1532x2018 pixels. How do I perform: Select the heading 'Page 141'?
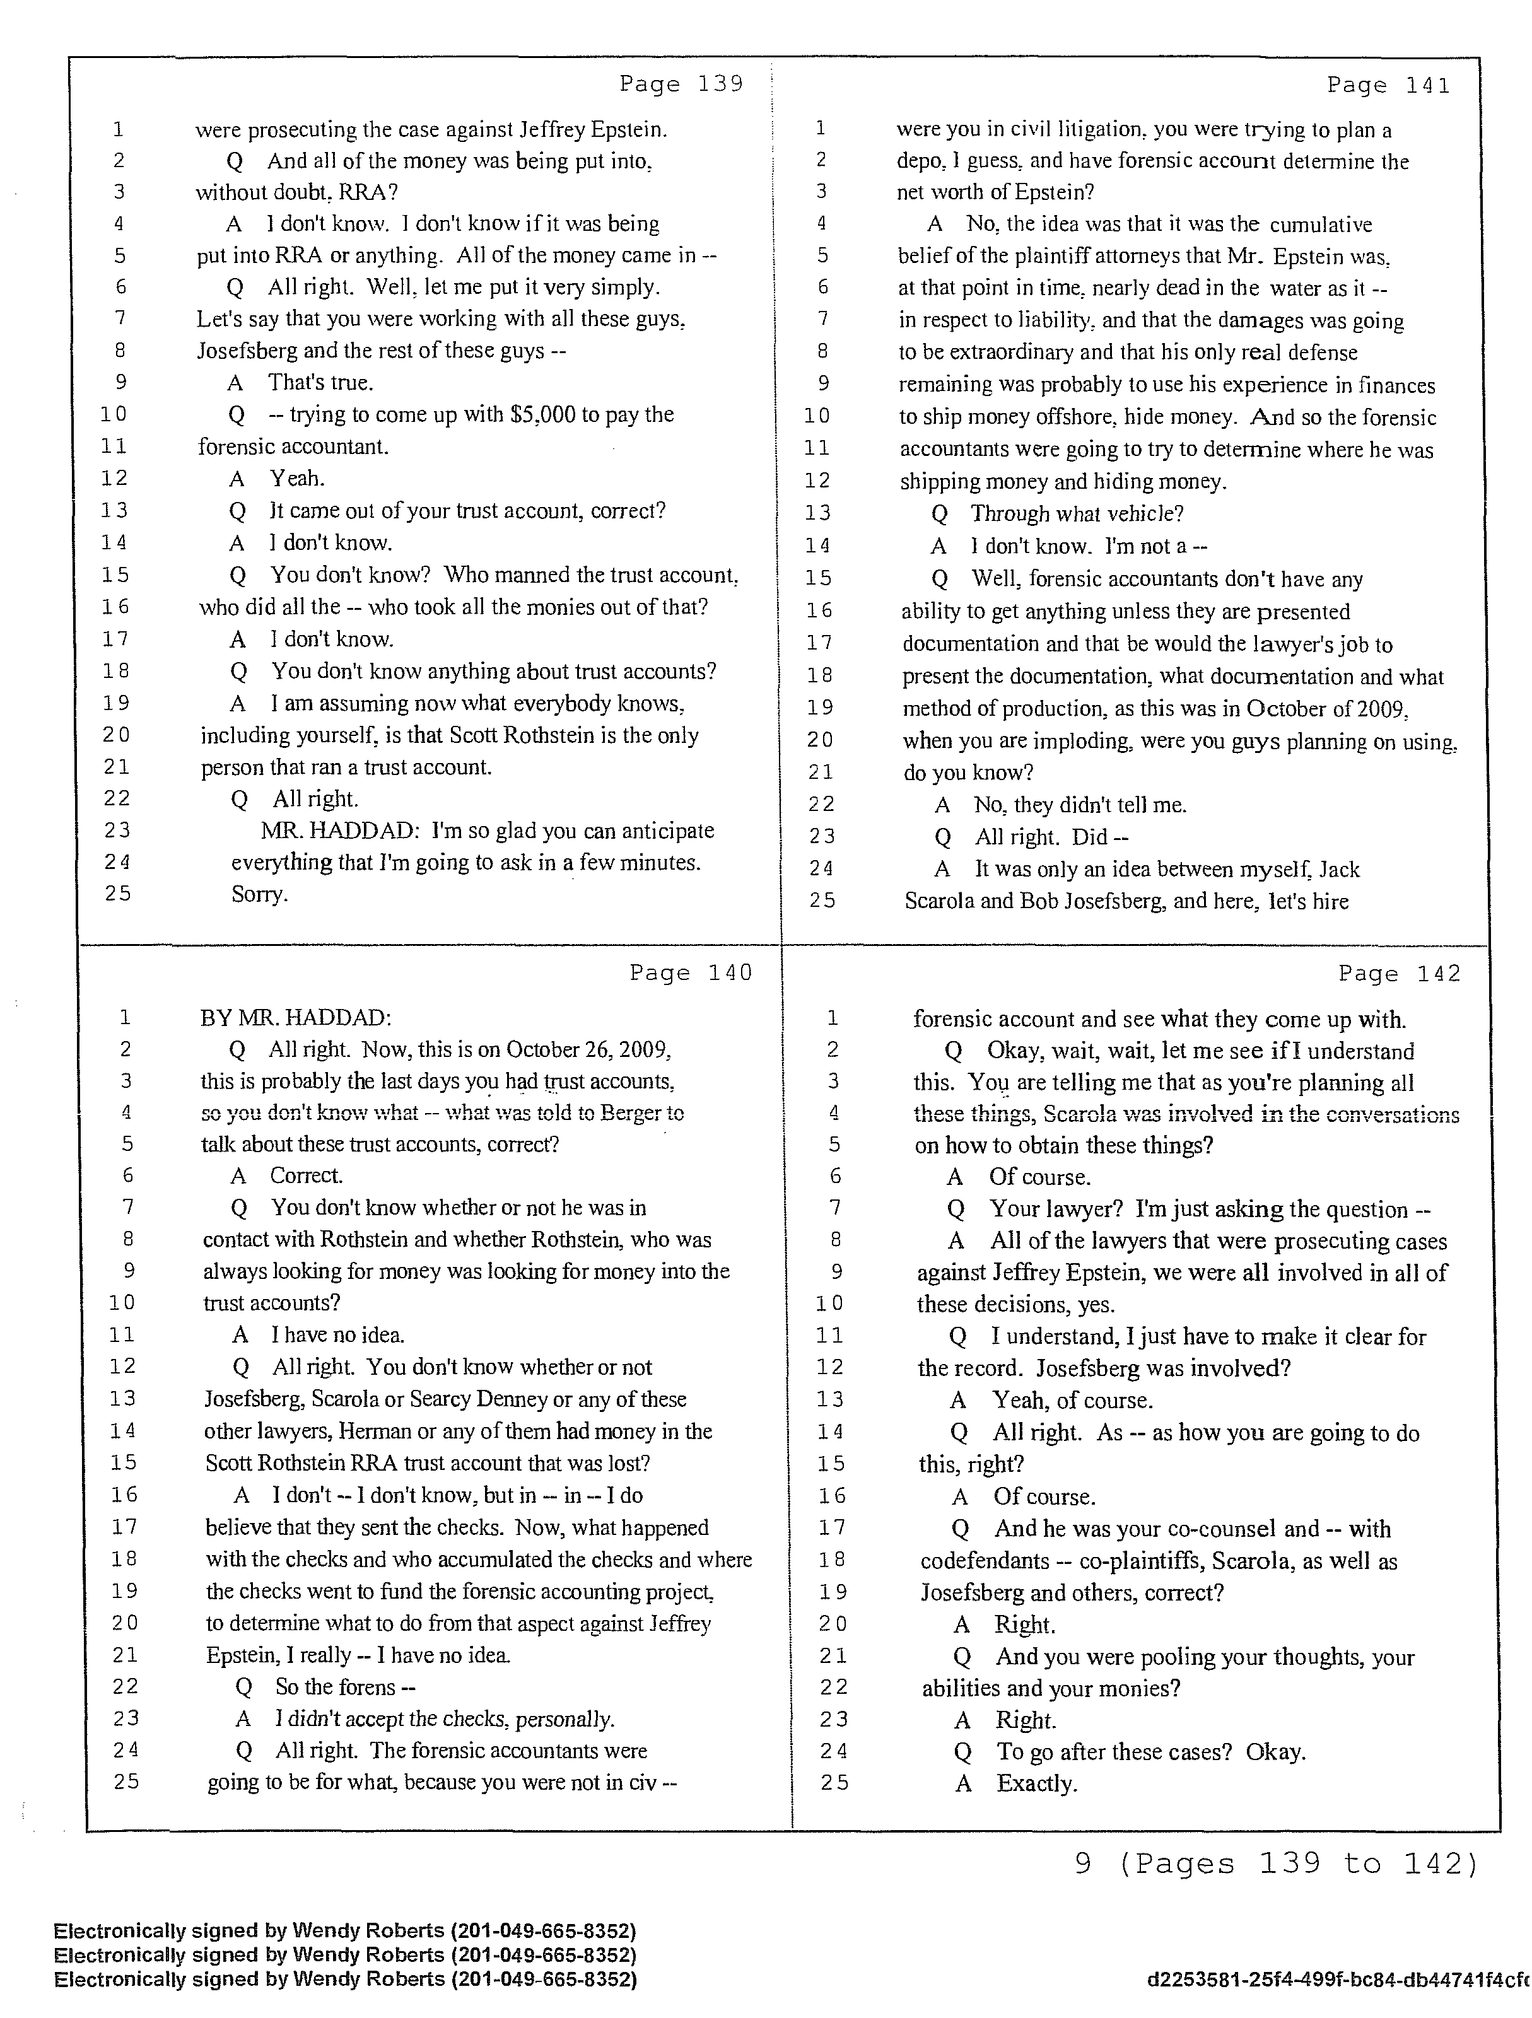point(1388,85)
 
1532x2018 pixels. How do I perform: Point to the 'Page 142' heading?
point(1399,974)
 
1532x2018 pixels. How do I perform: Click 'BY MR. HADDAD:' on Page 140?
point(296,1017)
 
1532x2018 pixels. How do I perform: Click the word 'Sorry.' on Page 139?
point(259,894)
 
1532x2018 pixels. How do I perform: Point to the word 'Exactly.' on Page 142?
point(1036,1783)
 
